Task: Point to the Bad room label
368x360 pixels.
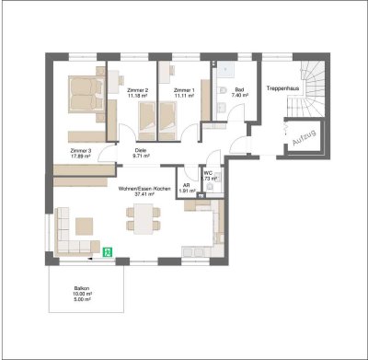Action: pyautogui.click(x=240, y=88)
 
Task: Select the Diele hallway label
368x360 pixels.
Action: pyautogui.click(x=141, y=150)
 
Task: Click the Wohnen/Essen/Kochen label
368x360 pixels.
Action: pyautogui.click(x=144, y=187)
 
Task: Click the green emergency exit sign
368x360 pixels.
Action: pyautogui.click(x=108, y=250)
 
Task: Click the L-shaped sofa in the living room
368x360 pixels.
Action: pyautogui.click(x=69, y=235)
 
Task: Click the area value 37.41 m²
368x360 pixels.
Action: pyautogui.click(x=144, y=194)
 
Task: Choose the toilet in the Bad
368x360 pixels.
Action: pyautogui.click(x=224, y=88)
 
